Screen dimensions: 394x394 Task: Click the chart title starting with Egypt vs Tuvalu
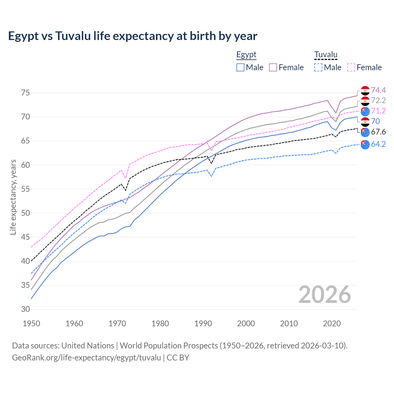pos(132,36)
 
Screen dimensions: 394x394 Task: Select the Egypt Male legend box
pos(240,67)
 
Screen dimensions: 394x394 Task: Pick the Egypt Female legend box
pos(273,67)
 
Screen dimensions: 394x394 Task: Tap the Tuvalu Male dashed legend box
pos(318,67)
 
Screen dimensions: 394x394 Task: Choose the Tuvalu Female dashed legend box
pos(351,67)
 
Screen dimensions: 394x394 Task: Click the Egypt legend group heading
pos(246,55)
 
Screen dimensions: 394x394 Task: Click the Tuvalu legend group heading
pos(326,55)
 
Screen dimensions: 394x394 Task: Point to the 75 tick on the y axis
pos(26,93)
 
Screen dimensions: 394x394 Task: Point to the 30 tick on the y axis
pos(26,309)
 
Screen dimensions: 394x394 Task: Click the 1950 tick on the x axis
pos(31,324)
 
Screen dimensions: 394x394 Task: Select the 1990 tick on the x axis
pos(203,324)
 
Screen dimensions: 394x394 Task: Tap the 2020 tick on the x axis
pos(332,324)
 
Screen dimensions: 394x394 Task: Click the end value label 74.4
pos(378,90)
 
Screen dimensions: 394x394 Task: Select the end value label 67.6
pos(378,132)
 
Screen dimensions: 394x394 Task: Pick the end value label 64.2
pos(378,144)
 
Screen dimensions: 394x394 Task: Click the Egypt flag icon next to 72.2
pos(365,101)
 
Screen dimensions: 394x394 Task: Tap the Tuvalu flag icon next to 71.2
pos(365,111)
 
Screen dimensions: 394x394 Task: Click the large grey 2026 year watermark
pos(324,295)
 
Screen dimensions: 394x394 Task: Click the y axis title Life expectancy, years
pos(13,197)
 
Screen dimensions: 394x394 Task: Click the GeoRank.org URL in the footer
pos(86,358)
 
